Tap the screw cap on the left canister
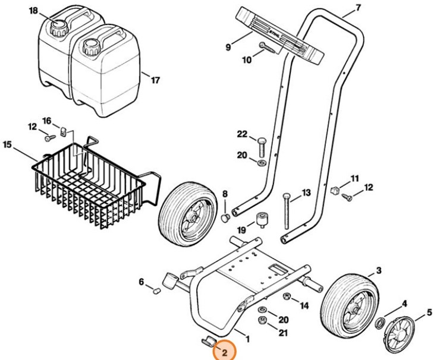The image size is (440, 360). [x=58, y=26]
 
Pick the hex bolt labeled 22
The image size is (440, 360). [x=261, y=143]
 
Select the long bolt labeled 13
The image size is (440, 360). [x=287, y=212]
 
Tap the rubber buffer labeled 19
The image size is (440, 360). [x=260, y=220]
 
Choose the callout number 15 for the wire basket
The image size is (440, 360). [x=8, y=144]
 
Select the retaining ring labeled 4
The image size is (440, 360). [x=378, y=323]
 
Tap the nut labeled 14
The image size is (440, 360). [x=287, y=297]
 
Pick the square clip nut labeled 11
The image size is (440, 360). [x=335, y=191]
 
